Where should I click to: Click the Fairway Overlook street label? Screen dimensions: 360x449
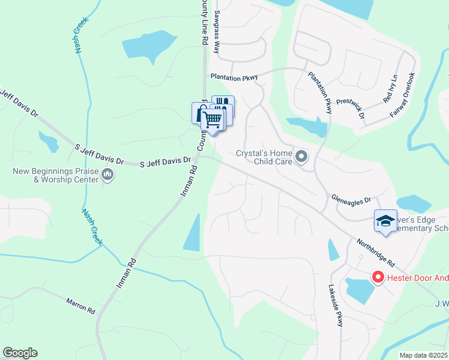coord(402,95)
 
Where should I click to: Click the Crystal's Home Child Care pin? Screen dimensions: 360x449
coord(301,157)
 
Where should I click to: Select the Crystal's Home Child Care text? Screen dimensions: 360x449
coord(264,157)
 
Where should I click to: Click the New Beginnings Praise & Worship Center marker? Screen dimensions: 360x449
coord(107,175)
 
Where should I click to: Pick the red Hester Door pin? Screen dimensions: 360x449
coord(378,277)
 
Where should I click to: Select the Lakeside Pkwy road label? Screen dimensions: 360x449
coord(336,305)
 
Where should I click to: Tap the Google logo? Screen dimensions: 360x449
coord(20,353)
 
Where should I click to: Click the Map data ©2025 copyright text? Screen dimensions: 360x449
coord(423,355)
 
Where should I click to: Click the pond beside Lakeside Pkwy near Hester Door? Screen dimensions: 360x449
coord(359,290)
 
